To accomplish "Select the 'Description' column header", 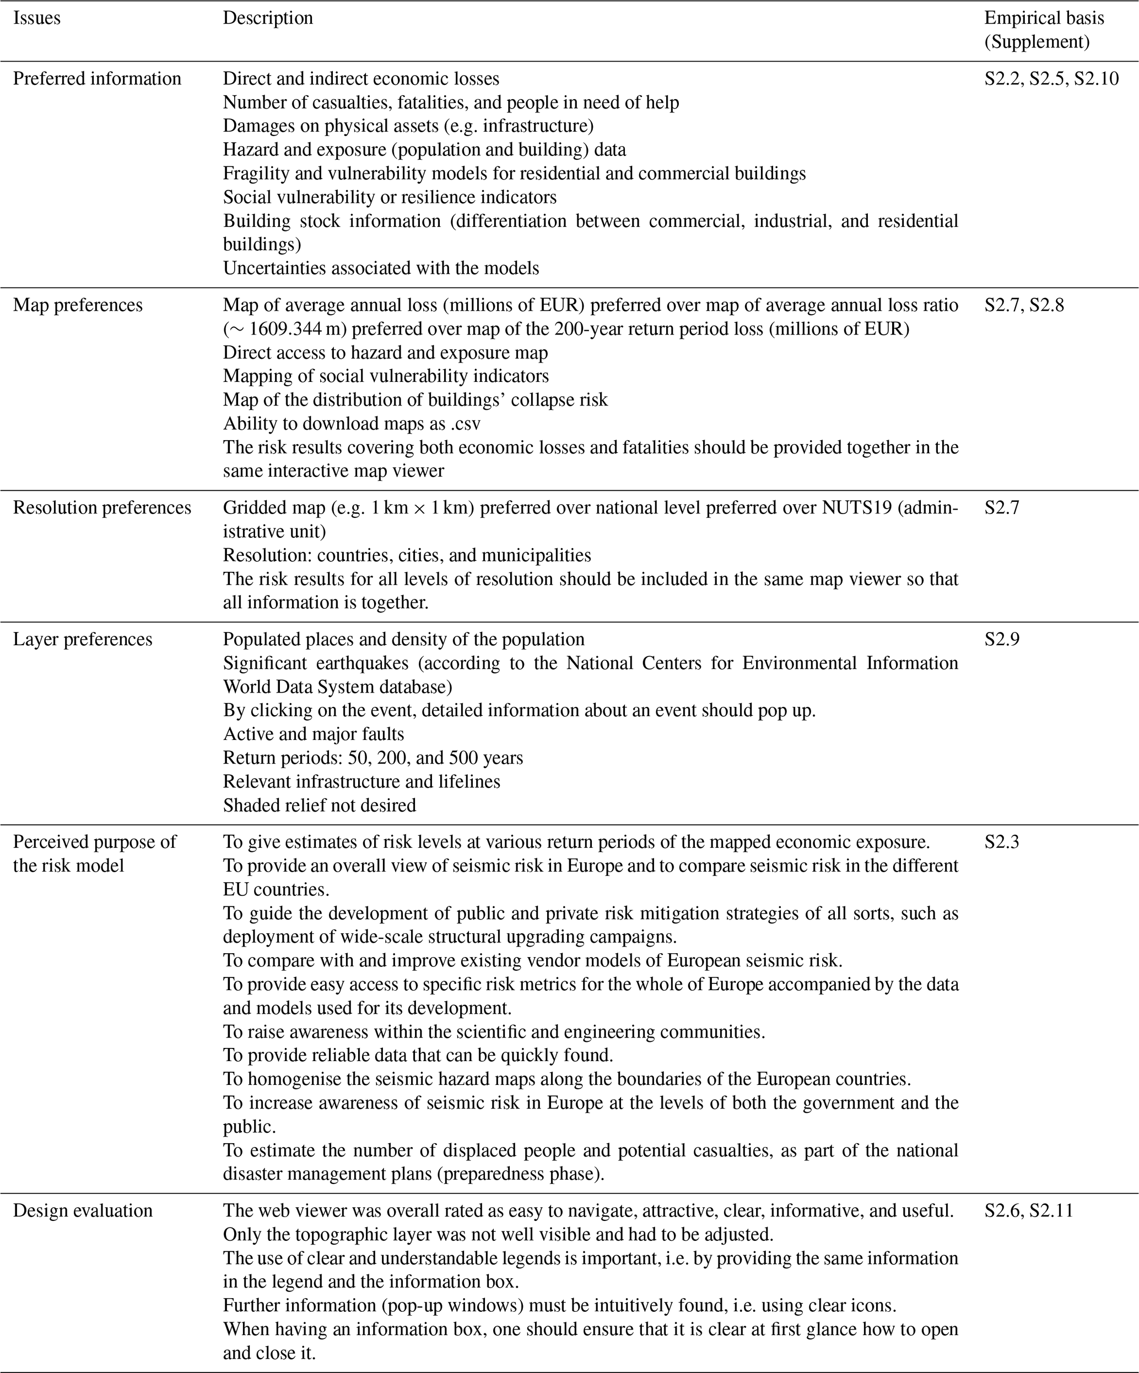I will (267, 18).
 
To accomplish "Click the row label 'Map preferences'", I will (77, 305).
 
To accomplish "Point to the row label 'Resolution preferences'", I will (102, 508).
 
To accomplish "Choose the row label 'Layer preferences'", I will (83, 640).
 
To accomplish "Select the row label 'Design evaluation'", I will (83, 1211).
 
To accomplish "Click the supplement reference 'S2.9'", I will (1002, 640).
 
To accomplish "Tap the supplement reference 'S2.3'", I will (1002, 842).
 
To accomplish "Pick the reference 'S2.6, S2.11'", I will (1028, 1211).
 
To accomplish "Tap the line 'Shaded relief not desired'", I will (319, 805).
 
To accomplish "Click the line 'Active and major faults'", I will (313, 734).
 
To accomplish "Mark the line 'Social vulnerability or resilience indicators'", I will (390, 197).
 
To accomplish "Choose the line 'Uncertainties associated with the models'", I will (381, 268).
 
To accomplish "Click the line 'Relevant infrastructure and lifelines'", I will (361, 781).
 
